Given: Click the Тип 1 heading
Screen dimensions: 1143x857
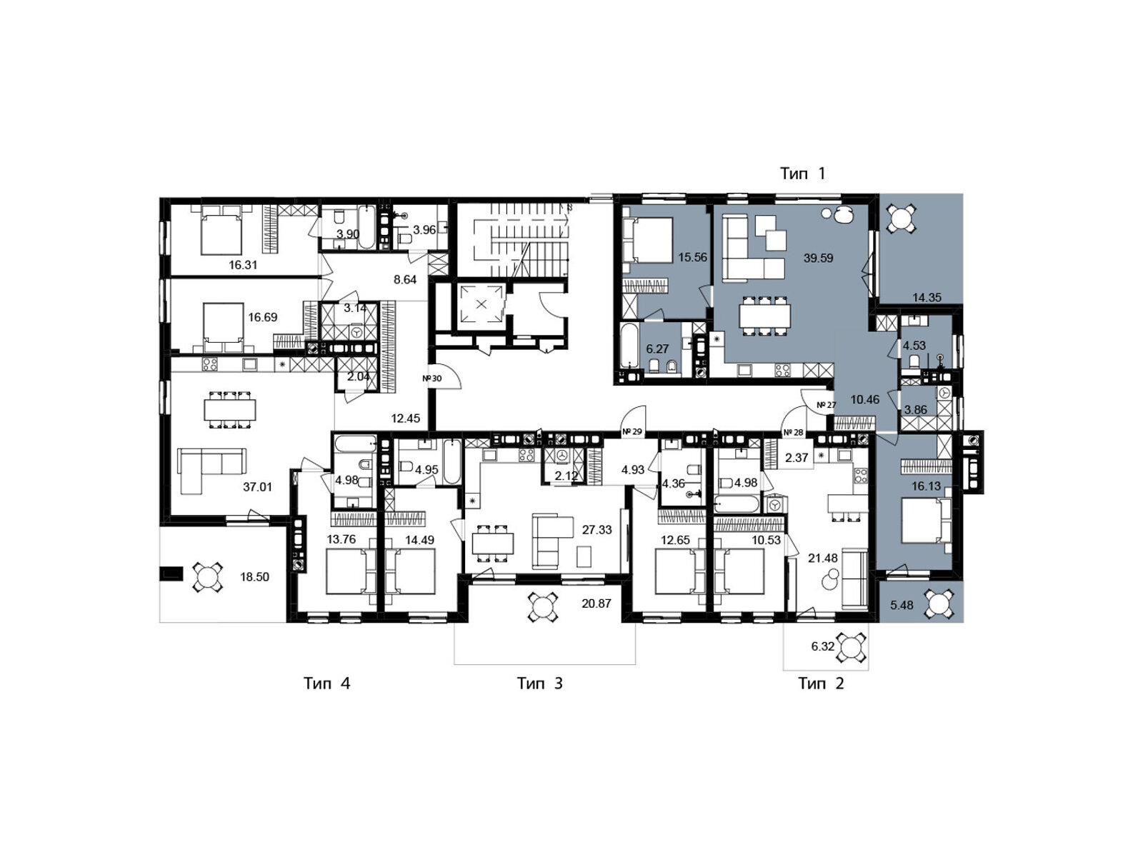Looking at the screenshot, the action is coord(802,174).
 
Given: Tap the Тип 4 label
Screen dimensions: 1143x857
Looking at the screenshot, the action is coord(326,683).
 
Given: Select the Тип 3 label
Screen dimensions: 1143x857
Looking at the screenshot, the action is coord(539,683).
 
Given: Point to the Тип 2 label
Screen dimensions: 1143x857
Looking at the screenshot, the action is coord(821,683).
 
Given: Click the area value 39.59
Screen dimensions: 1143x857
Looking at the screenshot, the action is coord(818,258).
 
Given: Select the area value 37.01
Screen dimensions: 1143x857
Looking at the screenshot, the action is coord(257,487).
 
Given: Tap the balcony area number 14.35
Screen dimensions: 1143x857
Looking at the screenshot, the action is coord(927,298).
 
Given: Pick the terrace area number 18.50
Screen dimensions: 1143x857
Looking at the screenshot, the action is coord(254,576).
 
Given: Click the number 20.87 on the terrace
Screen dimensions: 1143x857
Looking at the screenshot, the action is coord(597,603).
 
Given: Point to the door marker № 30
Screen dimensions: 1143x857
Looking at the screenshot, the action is coord(431,379).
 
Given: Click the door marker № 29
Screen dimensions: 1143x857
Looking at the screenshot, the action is coord(633,432).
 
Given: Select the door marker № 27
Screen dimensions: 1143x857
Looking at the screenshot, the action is coord(826,405).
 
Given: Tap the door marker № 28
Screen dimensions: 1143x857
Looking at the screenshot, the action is coord(794,432).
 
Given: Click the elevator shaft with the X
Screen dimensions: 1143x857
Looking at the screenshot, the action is coord(481,304).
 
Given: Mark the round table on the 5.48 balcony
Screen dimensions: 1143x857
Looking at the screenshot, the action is coord(940,604).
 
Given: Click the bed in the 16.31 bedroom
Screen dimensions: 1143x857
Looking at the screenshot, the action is coord(222,229).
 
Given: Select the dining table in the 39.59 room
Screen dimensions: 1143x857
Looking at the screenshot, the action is coord(764,316).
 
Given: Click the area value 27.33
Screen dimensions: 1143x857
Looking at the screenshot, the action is coord(597,530).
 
